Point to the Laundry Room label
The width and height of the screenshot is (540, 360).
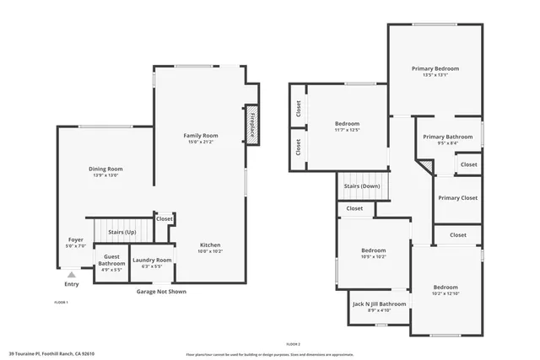click(152, 260)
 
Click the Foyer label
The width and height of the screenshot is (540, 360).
click(76, 239)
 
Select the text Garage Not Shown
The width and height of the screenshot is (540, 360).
click(162, 292)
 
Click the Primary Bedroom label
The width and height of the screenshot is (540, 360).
click(435, 68)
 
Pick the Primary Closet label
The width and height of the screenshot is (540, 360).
click(457, 198)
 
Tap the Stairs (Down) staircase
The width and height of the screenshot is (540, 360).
click(361, 186)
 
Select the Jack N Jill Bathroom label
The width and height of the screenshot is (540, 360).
click(380, 304)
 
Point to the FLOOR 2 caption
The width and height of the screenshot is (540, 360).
click(293, 344)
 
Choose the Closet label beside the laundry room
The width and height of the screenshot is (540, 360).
click(165, 219)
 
